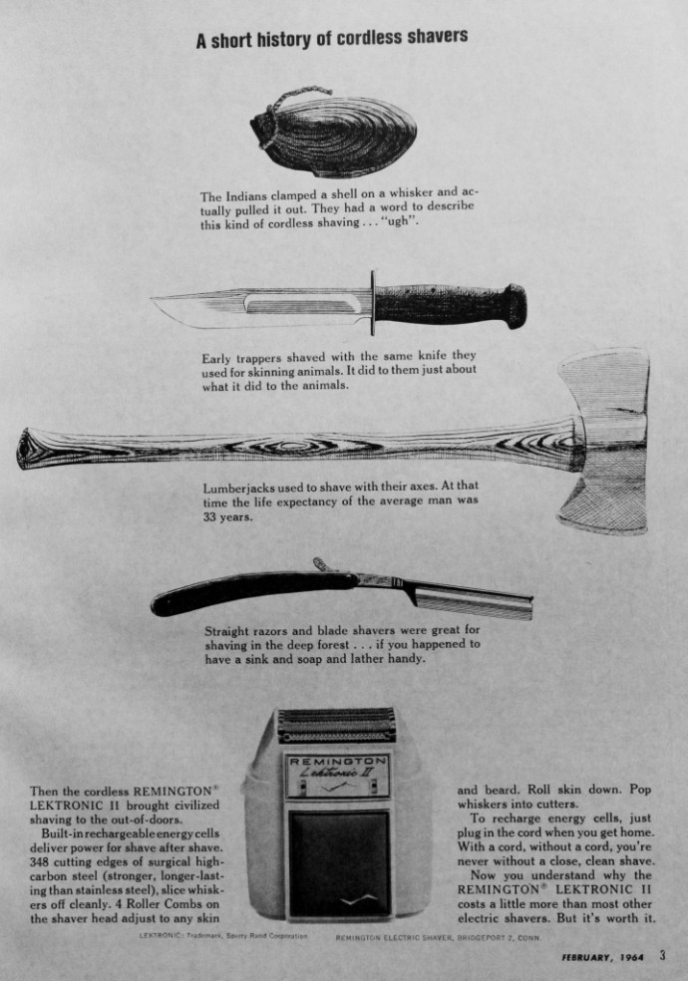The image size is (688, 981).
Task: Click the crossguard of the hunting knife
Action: click(x=373, y=302)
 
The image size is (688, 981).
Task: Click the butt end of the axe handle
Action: click(x=35, y=449)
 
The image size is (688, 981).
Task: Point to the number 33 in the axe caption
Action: click(x=212, y=516)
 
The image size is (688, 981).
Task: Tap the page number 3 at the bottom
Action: click(x=662, y=958)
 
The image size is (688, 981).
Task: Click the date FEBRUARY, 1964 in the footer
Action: click(x=603, y=959)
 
